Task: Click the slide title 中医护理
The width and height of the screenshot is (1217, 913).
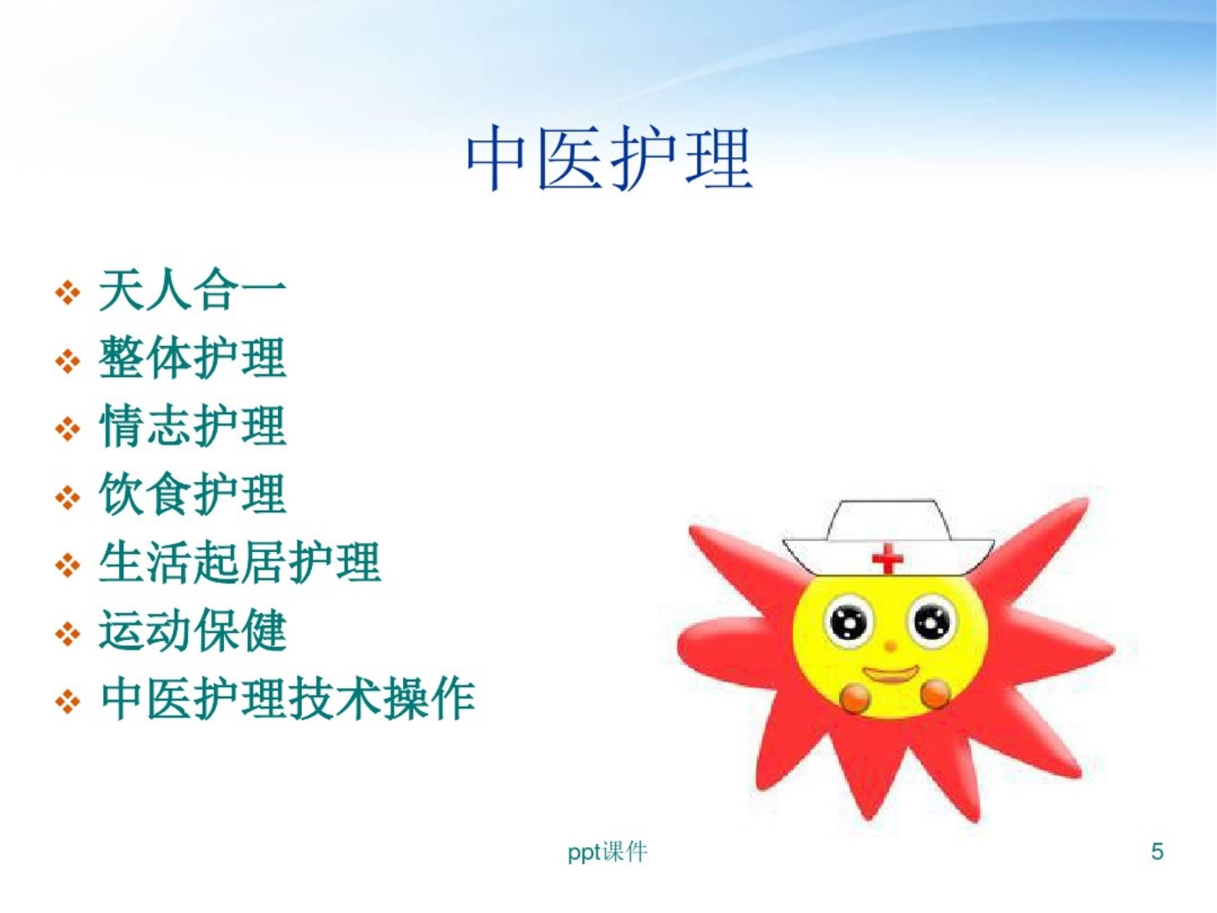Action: point(608,158)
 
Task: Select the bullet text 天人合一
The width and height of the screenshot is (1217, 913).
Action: point(193,290)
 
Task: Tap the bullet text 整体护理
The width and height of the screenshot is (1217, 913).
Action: point(193,358)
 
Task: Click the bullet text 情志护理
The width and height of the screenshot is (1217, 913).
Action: point(193,425)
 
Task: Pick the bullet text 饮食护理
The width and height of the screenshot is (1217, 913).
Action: point(193,494)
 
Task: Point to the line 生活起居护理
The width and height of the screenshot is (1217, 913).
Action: point(240,562)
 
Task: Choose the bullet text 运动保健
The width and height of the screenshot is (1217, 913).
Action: point(193,631)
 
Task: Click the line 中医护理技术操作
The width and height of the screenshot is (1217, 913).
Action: point(287,699)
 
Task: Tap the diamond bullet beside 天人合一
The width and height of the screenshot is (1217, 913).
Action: point(67,293)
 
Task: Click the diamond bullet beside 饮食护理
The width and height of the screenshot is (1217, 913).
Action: point(67,497)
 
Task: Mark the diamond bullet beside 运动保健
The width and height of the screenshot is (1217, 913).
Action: point(67,633)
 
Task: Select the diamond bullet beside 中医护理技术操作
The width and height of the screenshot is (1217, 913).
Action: point(67,702)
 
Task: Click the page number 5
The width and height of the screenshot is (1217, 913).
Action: point(1157,851)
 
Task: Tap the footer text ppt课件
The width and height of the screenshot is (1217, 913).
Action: point(607,851)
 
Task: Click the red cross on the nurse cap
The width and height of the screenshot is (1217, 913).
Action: point(887,558)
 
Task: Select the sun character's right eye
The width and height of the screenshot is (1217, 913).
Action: point(931,623)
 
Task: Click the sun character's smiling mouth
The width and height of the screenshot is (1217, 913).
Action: point(890,675)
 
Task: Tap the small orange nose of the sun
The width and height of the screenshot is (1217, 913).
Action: point(890,647)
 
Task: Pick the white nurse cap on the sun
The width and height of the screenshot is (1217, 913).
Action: point(887,528)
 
